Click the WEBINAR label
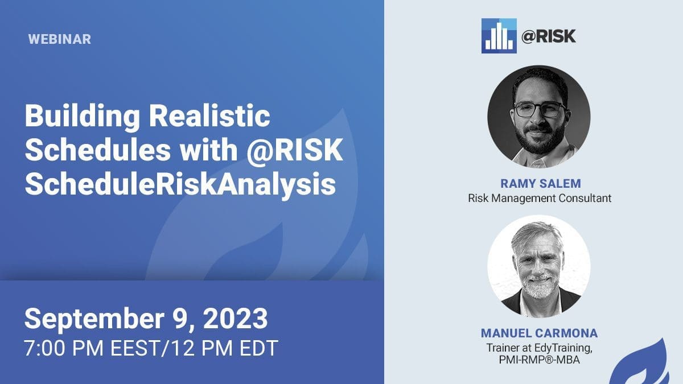(59, 39)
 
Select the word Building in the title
(83, 116)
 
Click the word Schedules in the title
(97, 150)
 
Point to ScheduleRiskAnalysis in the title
(180, 184)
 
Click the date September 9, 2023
(146, 319)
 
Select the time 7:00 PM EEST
(92, 348)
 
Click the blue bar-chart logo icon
(499, 36)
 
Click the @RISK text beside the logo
(549, 36)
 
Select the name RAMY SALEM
(541, 183)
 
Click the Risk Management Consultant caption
(540, 198)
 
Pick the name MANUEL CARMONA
(539, 333)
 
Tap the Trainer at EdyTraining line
(540, 348)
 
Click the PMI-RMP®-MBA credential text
(540, 360)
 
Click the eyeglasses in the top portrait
(540, 109)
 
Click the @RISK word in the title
(295, 150)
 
